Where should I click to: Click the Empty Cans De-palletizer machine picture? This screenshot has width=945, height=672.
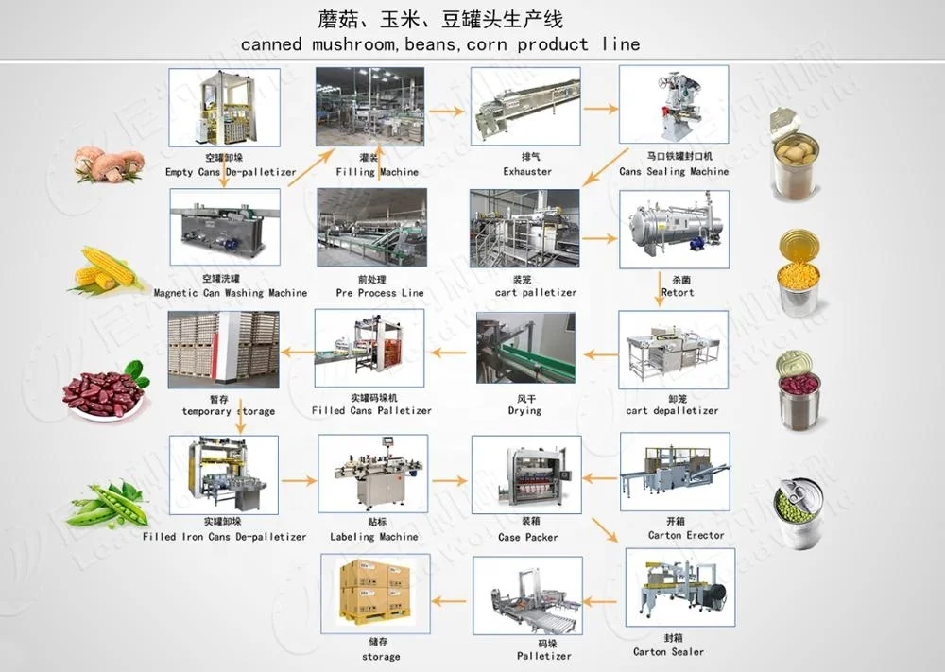tap(224, 107)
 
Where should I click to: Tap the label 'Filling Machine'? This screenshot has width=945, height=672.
tap(377, 172)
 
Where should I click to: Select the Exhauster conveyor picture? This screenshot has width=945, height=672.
tap(524, 107)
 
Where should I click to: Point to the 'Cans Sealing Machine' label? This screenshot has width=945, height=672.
tap(674, 172)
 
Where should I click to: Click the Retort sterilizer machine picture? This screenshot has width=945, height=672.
tap(674, 229)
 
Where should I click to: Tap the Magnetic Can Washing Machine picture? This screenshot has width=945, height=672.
tap(225, 227)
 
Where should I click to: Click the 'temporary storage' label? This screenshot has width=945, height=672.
tap(229, 411)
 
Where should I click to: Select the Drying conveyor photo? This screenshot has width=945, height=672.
tap(524, 350)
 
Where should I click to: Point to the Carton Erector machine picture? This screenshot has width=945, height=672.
tap(674, 473)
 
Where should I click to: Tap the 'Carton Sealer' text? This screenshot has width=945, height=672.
tap(668, 652)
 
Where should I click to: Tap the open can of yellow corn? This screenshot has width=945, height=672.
tap(798, 274)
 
